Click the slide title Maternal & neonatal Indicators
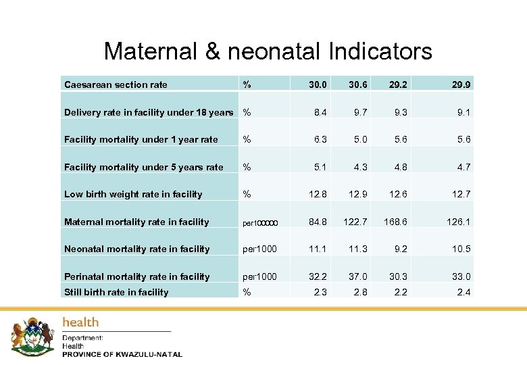pos(268,51)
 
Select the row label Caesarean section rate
pos(116,84)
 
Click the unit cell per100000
pos(260,222)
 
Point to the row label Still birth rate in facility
pos(116,292)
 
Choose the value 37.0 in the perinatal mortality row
pos(357,276)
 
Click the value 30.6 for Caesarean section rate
pos(357,84)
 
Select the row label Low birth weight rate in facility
pos(133,194)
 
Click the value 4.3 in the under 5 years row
pos(360,167)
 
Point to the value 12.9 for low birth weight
pos(357,194)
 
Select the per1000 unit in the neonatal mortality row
pos(259,249)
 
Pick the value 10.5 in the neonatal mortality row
pos(461,249)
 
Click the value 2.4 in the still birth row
pos(464,292)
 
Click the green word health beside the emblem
pos(80,322)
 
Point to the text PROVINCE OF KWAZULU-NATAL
pos(122,354)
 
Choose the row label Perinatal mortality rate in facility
pos(136,276)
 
